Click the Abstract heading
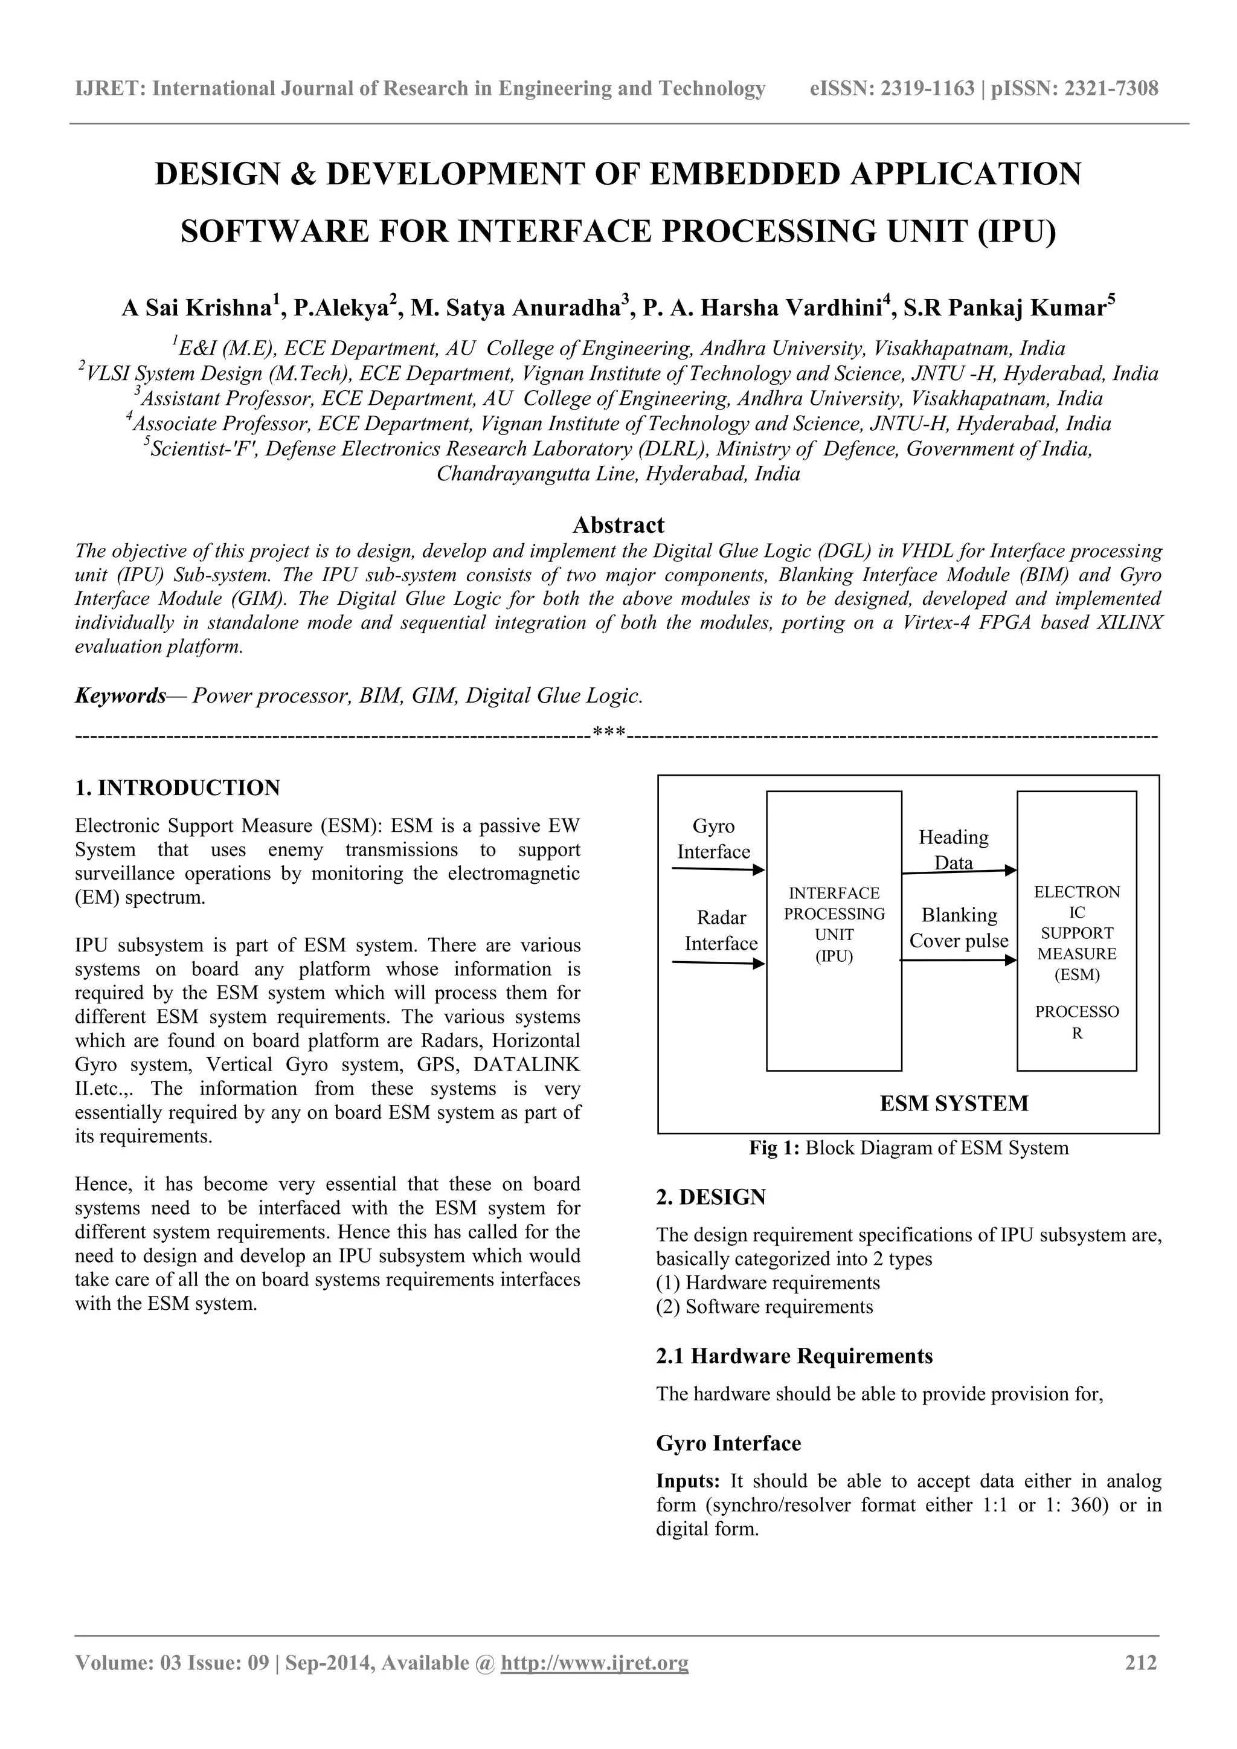coord(618,525)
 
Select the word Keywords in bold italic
coord(120,695)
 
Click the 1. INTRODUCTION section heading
coord(178,788)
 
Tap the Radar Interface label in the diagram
coord(721,930)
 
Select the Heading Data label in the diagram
coord(954,849)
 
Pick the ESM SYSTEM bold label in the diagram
coord(954,1103)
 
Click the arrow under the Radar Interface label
coord(718,963)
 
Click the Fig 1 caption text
coord(908,1147)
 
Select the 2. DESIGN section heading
coord(711,1197)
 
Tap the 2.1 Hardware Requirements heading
coord(794,1356)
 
